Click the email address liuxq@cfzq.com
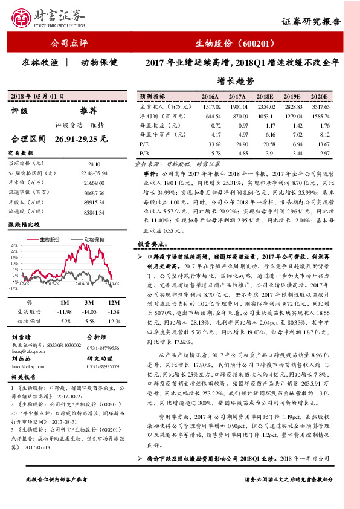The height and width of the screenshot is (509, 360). pyautogui.click(x=27, y=349)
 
